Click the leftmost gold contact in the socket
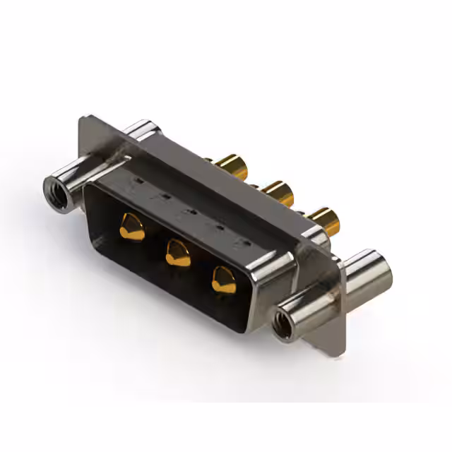(132, 227)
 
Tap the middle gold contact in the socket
(178, 252)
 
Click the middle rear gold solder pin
(277, 192)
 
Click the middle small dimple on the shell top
(189, 211)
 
